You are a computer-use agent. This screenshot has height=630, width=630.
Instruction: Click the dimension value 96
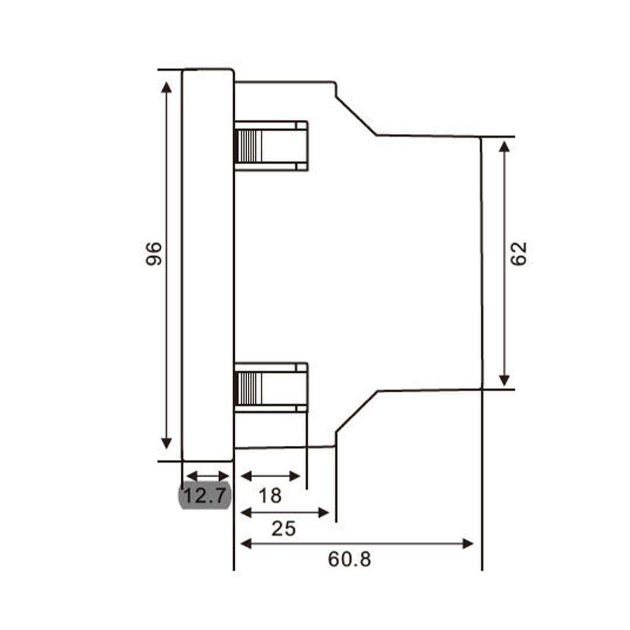[154, 254]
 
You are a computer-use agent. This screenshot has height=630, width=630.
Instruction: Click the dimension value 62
[519, 254]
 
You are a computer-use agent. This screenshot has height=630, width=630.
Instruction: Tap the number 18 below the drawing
[270, 496]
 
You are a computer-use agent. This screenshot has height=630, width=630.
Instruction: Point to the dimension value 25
[283, 529]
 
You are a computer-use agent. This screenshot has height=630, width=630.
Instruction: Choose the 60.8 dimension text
[350, 559]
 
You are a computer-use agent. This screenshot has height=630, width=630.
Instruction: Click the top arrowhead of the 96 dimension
[166, 88]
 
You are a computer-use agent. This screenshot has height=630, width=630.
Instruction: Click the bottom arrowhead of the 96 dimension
[166, 443]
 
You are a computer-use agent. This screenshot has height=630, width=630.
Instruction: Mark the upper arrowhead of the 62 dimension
[505, 146]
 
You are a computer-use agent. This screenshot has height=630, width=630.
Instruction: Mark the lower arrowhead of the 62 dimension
[505, 380]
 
